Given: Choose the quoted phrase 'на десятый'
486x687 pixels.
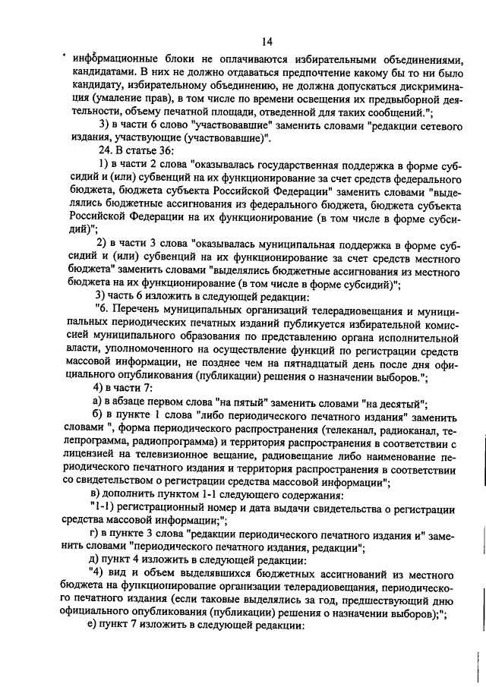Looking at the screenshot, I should pyautogui.click(x=394, y=403).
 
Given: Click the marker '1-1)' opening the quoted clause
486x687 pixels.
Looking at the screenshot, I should pyautogui.click(x=103, y=509).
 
